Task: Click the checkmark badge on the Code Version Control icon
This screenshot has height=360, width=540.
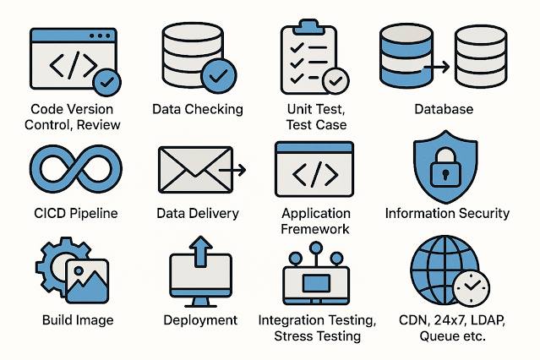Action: tap(107, 83)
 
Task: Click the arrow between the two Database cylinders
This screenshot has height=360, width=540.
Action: tap(436, 64)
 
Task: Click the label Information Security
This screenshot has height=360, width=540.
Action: tap(447, 213)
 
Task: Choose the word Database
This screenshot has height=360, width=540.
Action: tap(444, 109)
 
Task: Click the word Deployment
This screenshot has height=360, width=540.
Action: tap(200, 320)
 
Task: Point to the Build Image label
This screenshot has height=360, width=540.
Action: tap(77, 320)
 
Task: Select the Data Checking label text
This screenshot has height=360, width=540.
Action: tap(197, 109)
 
